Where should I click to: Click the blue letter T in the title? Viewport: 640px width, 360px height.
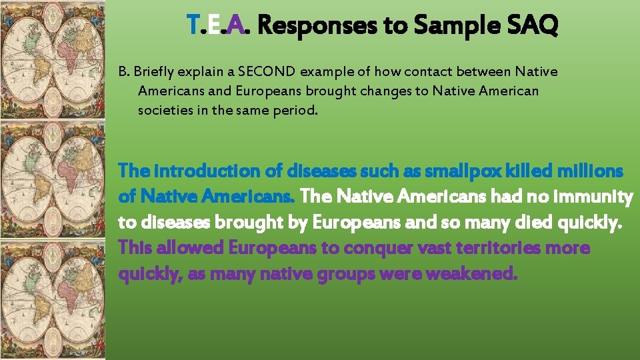[193, 27]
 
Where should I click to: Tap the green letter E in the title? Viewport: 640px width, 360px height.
[213, 27]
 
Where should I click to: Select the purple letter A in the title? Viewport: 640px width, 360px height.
[235, 27]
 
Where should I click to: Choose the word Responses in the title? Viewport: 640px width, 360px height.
[323, 27]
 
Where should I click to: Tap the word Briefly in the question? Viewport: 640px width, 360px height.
[157, 71]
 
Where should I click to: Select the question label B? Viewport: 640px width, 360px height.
[123, 71]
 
